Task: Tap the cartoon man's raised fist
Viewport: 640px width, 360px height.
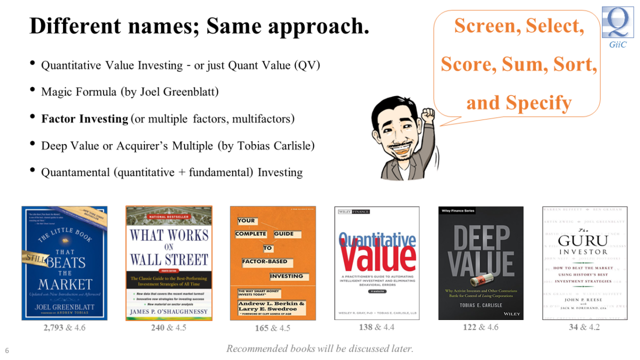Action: coord(427,114)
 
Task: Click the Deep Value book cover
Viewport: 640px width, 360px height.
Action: coord(481,263)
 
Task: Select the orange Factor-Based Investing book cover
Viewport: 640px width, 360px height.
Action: coord(273,263)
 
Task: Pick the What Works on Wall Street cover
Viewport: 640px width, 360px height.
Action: coord(169,263)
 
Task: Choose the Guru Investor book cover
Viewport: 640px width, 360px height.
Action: coord(585,263)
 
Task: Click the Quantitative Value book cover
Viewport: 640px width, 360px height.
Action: coord(377,263)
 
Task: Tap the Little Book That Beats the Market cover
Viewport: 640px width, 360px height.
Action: coord(65,263)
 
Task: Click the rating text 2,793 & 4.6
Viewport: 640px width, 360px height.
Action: coord(65,327)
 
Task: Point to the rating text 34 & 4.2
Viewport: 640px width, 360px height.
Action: coord(584,327)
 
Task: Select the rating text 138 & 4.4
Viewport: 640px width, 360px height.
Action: coord(377,327)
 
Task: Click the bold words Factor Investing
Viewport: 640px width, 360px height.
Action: coord(85,118)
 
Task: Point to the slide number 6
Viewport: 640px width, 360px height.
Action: coord(7,350)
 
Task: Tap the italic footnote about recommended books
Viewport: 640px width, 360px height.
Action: coord(319,349)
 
